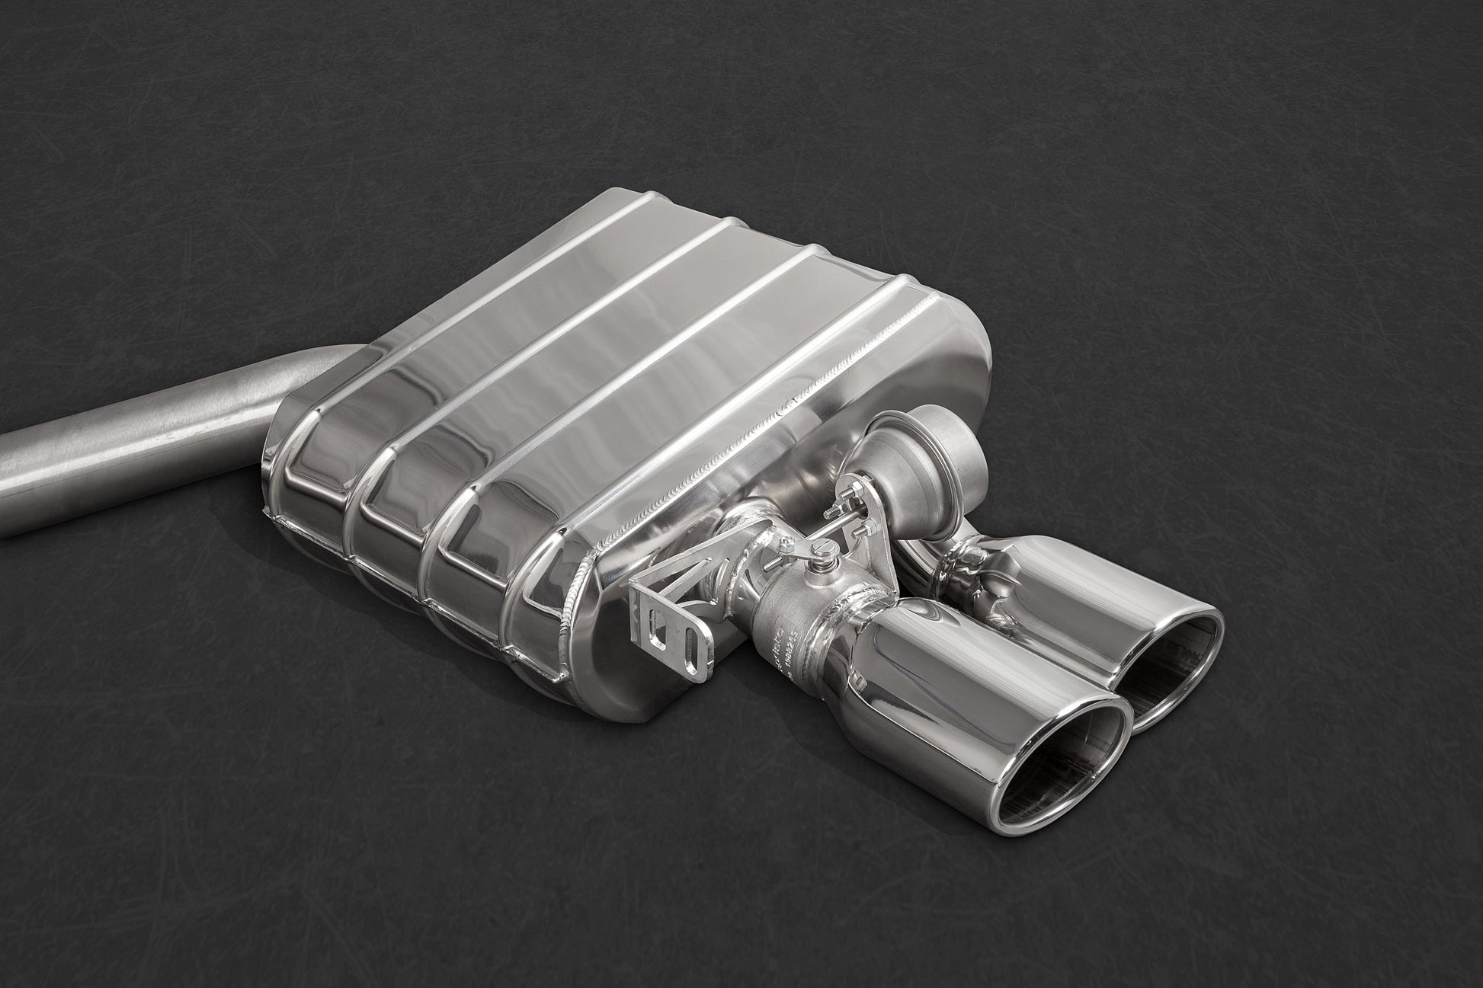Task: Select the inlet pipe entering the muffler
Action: click(152, 442)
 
